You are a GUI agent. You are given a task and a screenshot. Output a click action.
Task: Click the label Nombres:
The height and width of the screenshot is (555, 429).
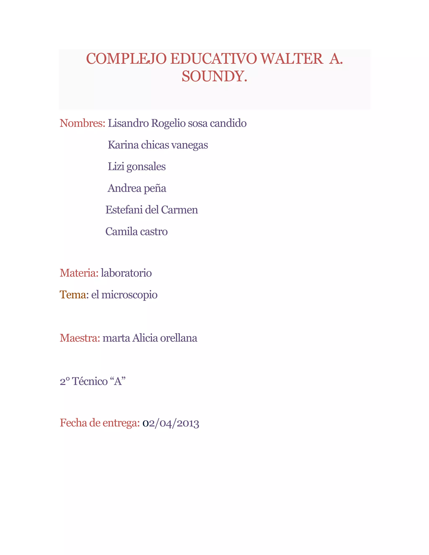point(82,123)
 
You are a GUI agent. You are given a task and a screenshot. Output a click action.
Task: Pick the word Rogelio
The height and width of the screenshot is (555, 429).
point(168,123)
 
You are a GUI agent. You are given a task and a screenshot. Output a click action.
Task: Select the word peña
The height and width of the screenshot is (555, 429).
point(155,188)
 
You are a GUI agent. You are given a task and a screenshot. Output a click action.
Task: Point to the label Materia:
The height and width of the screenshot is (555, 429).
point(79,273)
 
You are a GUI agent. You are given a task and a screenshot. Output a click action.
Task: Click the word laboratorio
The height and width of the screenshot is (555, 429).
point(126,273)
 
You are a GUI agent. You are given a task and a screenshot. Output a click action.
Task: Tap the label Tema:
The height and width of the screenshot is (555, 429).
point(74,295)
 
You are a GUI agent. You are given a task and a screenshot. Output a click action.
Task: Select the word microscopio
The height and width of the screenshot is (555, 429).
point(129,295)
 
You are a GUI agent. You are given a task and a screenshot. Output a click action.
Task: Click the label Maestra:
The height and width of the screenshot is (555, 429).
point(80,338)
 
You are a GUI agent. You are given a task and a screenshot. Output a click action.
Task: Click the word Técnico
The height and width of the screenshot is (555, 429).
point(90,381)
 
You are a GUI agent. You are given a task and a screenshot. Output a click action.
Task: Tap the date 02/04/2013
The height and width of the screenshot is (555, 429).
point(171,423)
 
